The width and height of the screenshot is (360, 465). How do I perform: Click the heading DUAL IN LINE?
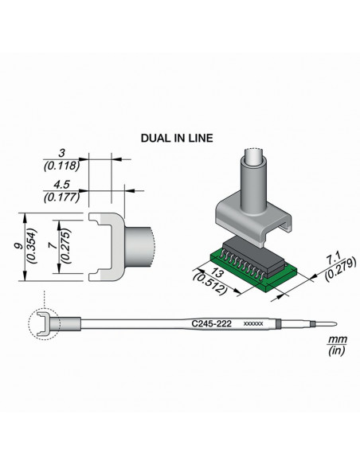tap(177, 139)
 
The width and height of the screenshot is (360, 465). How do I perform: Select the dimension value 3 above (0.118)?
tap(61, 154)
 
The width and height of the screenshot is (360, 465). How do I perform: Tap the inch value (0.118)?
tap(61, 166)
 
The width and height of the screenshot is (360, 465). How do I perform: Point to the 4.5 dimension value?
tap(61, 185)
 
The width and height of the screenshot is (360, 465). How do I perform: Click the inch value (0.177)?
tap(61, 197)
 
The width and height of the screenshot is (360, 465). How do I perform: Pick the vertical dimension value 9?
tap(19, 246)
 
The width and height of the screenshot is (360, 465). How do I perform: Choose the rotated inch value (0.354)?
tap(32, 246)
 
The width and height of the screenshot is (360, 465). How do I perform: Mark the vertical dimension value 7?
tap(53, 246)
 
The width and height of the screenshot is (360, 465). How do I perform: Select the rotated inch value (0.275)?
tap(65, 246)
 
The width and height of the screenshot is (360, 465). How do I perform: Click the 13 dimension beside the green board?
tap(217, 273)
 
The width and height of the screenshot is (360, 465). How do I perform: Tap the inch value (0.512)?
tap(210, 284)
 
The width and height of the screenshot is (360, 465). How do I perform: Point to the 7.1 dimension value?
tap(333, 258)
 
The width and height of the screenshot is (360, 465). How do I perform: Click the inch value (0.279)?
tap(340, 270)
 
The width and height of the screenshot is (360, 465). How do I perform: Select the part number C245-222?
tap(211, 323)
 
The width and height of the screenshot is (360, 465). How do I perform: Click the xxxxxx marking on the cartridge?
tap(253, 324)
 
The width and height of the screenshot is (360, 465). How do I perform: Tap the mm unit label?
tap(338, 339)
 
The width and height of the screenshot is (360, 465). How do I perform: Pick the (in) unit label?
tap(337, 351)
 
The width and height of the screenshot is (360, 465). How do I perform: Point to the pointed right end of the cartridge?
tap(336, 324)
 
